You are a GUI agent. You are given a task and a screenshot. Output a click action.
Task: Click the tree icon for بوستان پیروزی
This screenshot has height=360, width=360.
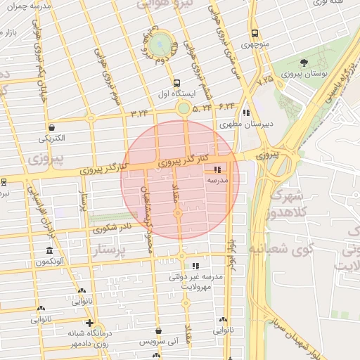[x=304, y=63]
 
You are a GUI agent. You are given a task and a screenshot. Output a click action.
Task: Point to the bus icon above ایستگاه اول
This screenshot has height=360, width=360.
[x=176, y=82]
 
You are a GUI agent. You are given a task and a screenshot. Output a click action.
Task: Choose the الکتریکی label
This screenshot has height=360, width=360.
[x=51, y=137]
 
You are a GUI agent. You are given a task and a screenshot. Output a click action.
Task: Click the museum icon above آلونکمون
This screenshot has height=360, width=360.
[x=49, y=251]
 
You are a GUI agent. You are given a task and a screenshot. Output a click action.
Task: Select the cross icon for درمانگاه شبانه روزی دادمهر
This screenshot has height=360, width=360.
[x=88, y=323]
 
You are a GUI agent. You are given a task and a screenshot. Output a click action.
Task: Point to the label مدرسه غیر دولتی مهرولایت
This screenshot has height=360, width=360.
[x=196, y=281]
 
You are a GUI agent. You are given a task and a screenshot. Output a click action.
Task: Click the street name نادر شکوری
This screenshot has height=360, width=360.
[x=112, y=228]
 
